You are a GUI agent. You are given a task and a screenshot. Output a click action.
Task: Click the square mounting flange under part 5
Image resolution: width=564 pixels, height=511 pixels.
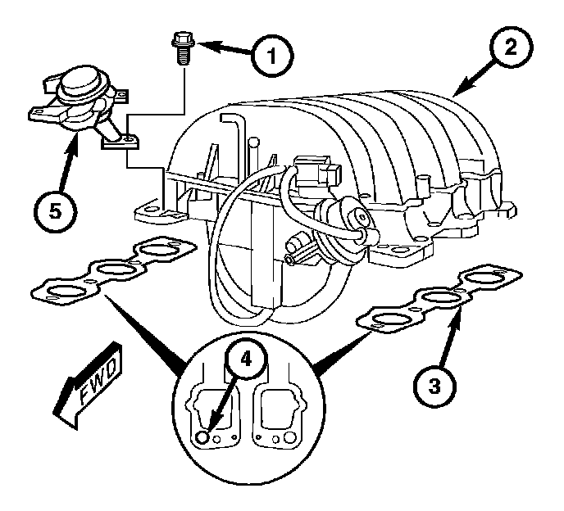[x=121, y=140]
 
